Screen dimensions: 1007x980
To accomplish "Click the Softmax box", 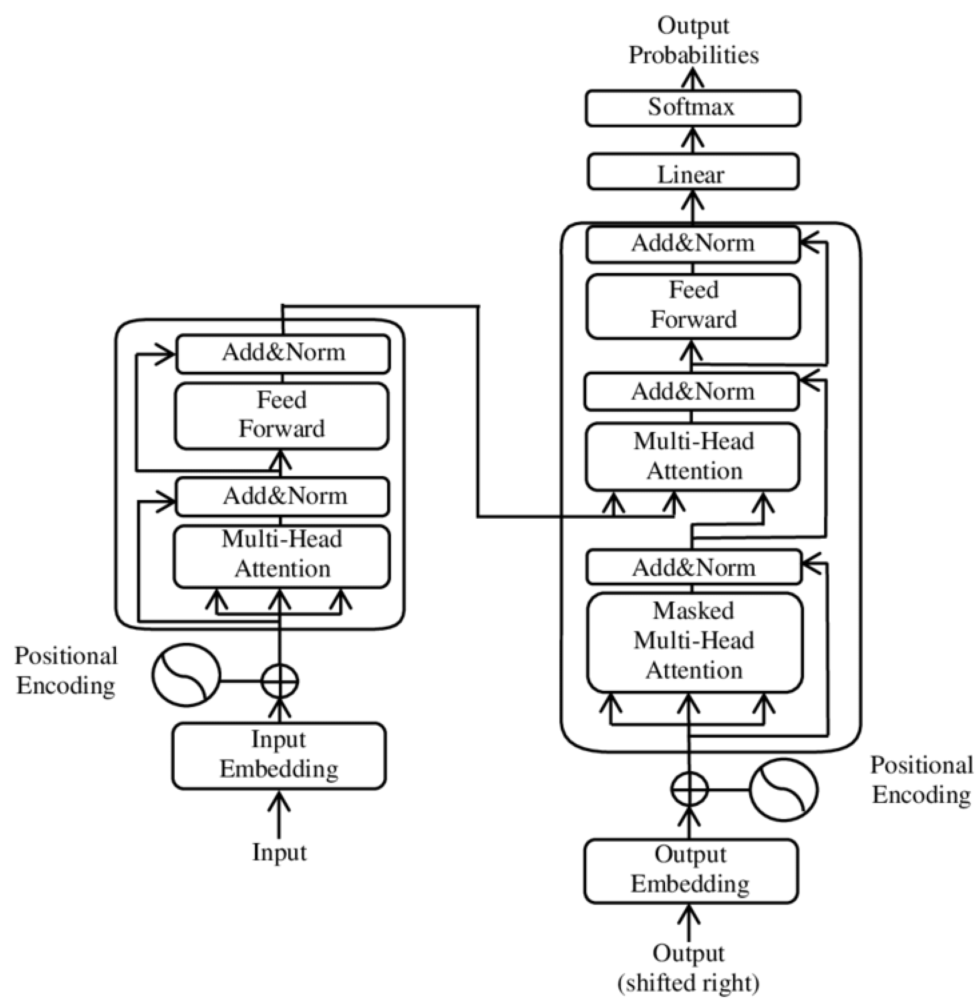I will click(693, 107).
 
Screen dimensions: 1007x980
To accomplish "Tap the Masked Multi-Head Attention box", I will click(694, 641).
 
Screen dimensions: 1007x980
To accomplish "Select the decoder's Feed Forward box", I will click(693, 305).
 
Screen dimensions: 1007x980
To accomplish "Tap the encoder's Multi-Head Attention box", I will click(282, 555).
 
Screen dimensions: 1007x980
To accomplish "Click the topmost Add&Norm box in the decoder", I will click(693, 243).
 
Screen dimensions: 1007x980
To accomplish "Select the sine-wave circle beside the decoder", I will click(783, 789).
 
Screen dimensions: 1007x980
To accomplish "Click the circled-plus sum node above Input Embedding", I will click(279, 681).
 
